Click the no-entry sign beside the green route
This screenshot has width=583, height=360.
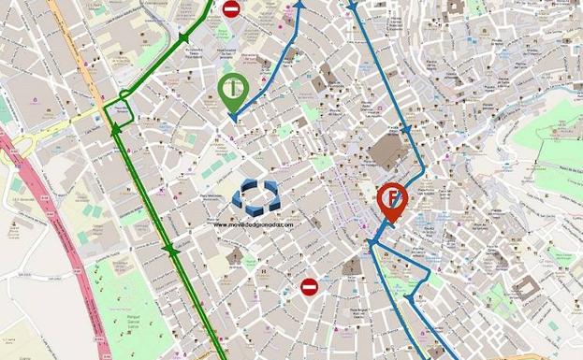(231, 9)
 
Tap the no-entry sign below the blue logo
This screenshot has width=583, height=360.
(309, 286)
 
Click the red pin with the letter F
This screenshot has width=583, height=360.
(391, 200)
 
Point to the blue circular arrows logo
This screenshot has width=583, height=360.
(254, 198)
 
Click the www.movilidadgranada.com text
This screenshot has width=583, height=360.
(254, 224)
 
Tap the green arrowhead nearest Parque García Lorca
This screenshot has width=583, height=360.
(169, 250)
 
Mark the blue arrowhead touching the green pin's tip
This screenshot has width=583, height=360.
(233, 118)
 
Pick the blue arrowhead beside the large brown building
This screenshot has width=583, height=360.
(405, 128)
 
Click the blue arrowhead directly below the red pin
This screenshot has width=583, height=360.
(372, 242)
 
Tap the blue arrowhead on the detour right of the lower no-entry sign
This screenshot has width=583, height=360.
(409, 297)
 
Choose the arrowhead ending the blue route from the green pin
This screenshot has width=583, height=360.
(299, 4)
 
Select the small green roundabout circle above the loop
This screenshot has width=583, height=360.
(124, 94)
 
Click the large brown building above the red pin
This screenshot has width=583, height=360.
(386, 151)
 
